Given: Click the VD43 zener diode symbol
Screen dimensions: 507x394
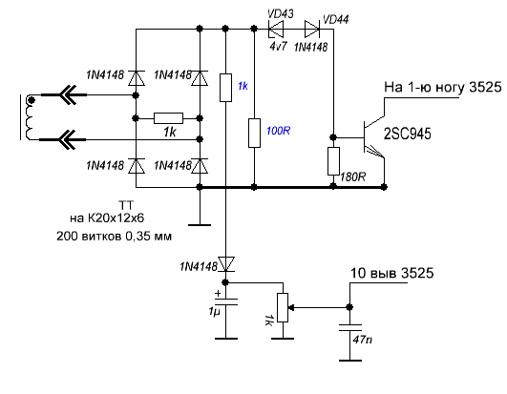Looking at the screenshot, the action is click(276, 29).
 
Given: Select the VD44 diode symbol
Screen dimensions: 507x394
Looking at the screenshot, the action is click(312, 29).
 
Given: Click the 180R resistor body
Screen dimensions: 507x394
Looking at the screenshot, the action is click(333, 161).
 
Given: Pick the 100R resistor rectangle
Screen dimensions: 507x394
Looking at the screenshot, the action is click(254, 133).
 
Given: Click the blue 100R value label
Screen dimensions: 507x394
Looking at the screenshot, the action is click(278, 131).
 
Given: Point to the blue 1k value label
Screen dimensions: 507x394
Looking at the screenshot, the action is click(243, 86).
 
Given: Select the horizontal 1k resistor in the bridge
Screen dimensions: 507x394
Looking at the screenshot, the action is click(168, 118).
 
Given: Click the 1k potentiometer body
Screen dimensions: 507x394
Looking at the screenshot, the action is click(283, 307).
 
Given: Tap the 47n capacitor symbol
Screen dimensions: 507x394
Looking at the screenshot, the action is click(349, 327).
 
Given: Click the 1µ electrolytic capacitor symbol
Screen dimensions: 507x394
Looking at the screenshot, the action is click(226, 301).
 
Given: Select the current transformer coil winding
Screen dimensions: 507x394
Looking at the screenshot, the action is click(30, 118).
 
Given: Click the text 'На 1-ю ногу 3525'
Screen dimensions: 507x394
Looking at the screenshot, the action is click(443, 87).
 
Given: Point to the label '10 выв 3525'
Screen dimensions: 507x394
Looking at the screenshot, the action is click(391, 273).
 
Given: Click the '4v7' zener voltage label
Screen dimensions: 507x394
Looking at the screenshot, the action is click(278, 47).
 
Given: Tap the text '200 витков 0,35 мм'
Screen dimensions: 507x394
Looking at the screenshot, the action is click(114, 237).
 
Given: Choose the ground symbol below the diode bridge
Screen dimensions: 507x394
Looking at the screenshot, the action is click(200, 225).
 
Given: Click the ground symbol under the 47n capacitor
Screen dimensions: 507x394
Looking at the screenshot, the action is click(350, 360).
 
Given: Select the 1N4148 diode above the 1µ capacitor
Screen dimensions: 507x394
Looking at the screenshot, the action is click(226, 264).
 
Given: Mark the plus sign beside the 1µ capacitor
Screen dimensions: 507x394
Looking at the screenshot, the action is click(218, 293).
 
